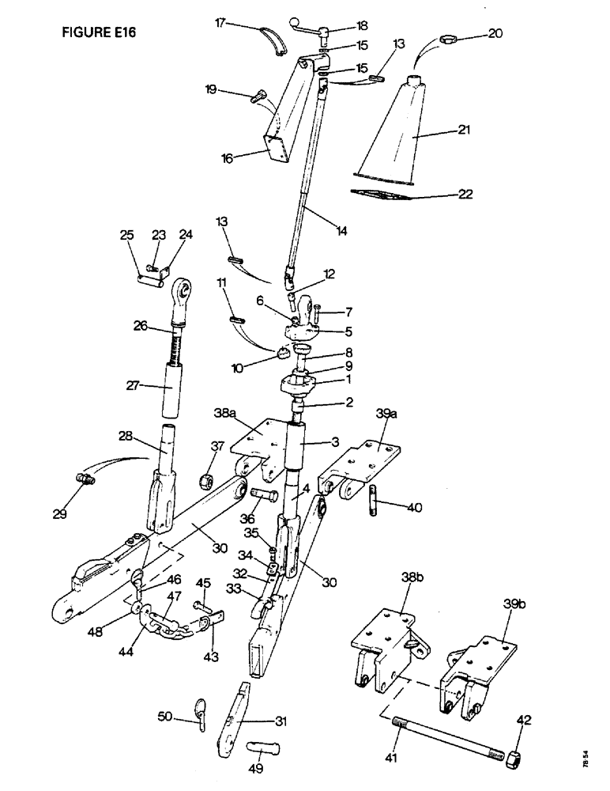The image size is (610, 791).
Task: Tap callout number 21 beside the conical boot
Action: pos(464,130)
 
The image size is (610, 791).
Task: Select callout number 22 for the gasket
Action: pos(466,193)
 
